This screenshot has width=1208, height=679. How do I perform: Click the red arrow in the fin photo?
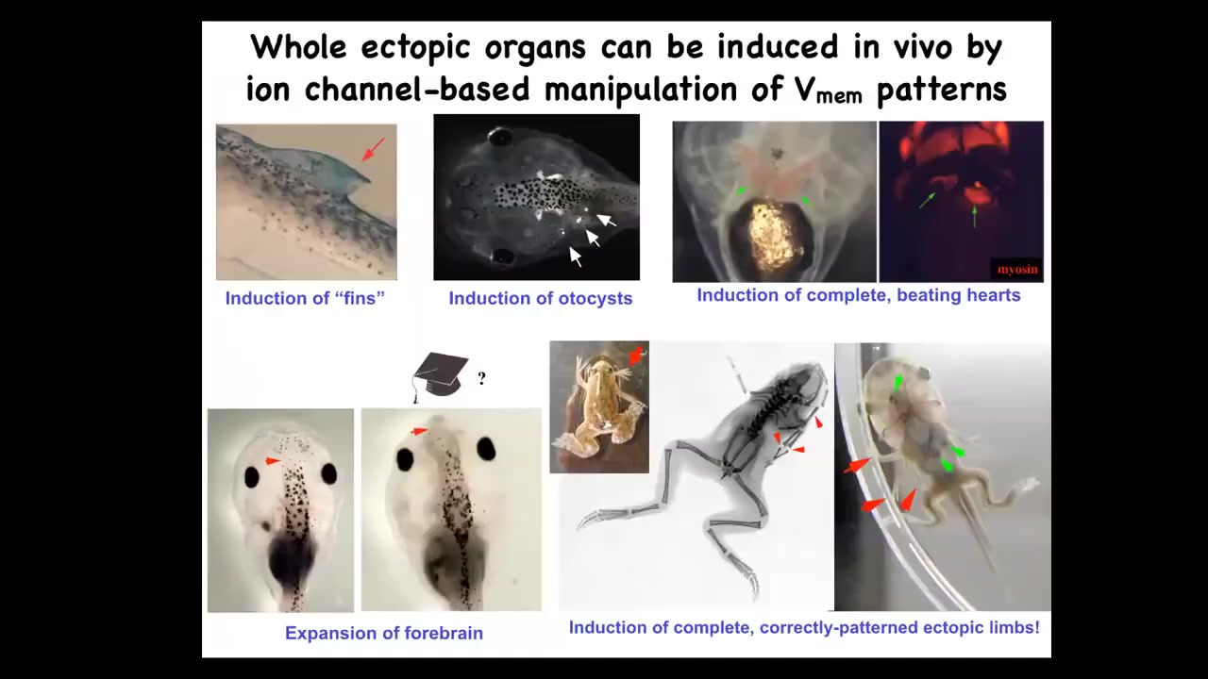(x=373, y=149)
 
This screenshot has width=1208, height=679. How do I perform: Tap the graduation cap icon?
(x=440, y=376)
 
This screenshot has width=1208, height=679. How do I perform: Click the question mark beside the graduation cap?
(x=481, y=378)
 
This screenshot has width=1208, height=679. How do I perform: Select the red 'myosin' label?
(x=1017, y=269)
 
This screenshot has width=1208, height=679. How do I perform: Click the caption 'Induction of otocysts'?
(x=541, y=298)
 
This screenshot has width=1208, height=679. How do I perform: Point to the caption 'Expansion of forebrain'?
(x=384, y=633)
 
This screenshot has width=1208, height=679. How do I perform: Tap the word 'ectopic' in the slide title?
(x=420, y=48)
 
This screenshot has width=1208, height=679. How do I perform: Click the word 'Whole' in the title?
(x=299, y=47)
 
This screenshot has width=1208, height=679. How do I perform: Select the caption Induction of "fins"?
(x=305, y=298)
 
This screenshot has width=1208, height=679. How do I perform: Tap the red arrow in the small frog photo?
(x=636, y=355)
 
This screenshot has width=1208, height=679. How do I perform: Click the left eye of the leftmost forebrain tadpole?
(x=252, y=477)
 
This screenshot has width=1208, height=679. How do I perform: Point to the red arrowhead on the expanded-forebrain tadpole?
(x=419, y=431)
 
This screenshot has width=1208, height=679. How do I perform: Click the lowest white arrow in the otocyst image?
(x=576, y=257)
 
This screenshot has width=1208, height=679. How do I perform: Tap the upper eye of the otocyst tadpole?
(x=499, y=137)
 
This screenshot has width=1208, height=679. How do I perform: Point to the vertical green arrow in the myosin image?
(x=974, y=217)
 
